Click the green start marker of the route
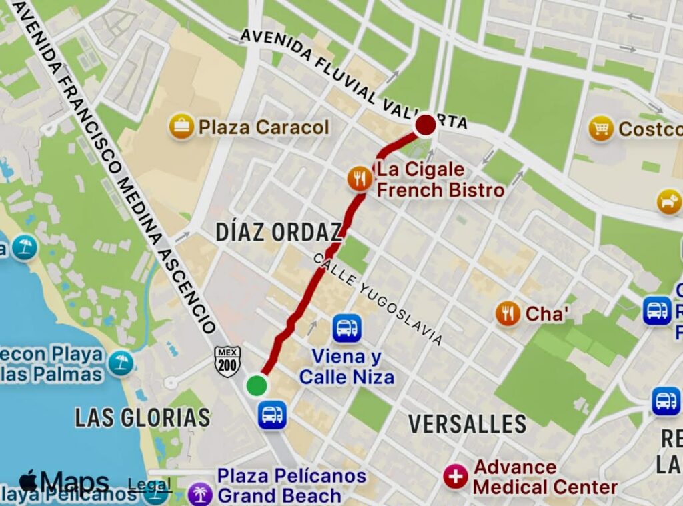(257, 385)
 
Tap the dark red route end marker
(426, 125)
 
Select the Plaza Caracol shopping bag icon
(181, 127)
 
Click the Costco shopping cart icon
(601, 128)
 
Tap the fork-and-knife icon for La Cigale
(360, 178)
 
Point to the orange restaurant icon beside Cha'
(508, 313)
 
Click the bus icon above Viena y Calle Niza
(347, 328)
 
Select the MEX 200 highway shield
(227, 362)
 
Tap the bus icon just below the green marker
(272, 415)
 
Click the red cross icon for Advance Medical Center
(456, 477)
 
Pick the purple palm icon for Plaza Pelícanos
(199, 494)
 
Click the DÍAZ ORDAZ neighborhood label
(279, 233)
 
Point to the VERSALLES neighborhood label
(467, 423)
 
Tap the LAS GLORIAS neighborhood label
(143, 418)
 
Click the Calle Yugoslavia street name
(378, 300)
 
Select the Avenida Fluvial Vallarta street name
(354, 79)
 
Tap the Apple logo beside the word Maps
(28, 481)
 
